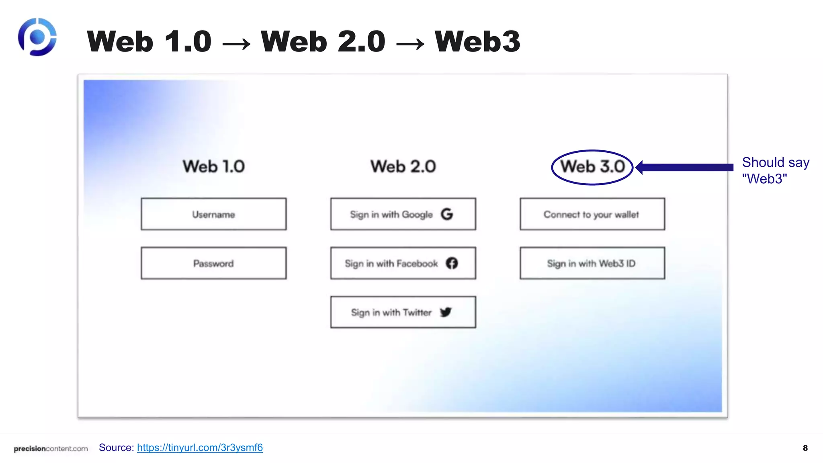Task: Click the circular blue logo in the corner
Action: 37,37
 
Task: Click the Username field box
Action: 213,214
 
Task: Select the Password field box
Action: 213,263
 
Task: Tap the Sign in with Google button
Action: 403,214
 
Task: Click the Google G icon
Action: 447,214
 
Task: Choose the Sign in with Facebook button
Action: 403,263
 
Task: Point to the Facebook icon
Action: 452,263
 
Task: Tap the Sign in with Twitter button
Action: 403,312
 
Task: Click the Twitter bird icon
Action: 446,312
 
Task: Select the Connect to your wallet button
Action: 592,214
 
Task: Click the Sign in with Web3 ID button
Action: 592,263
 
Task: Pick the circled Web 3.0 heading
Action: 592,167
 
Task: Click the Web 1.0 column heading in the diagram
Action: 213,166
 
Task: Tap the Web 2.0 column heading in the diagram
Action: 403,166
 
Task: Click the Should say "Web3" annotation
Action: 775,170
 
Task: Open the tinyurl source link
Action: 200,447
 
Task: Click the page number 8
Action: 805,448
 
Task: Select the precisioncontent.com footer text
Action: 51,449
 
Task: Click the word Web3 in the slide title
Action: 477,41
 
